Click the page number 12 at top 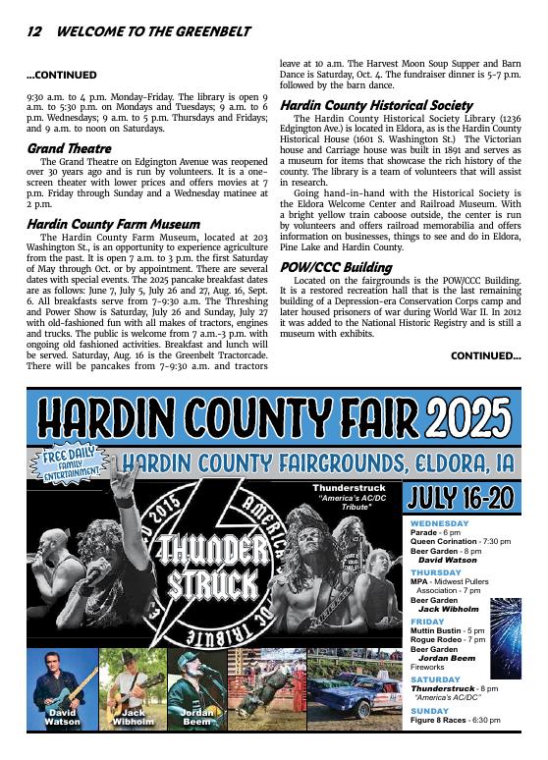[x=33, y=31]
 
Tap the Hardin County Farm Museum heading [x=113, y=224]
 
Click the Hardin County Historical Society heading [x=376, y=105]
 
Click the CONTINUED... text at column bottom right [x=485, y=355]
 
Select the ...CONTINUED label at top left [x=61, y=75]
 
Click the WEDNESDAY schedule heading [x=440, y=523]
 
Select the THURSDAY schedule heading [x=436, y=571]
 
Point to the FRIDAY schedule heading [x=427, y=621]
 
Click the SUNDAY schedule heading [x=429, y=711]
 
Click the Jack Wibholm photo [x=133, y=687]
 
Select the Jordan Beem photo [x=196, y=687]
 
